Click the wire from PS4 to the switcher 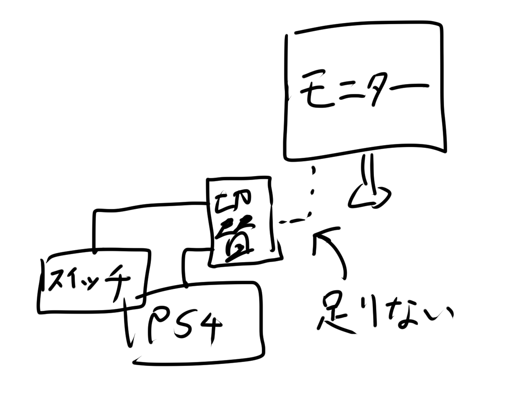point(185,264)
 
